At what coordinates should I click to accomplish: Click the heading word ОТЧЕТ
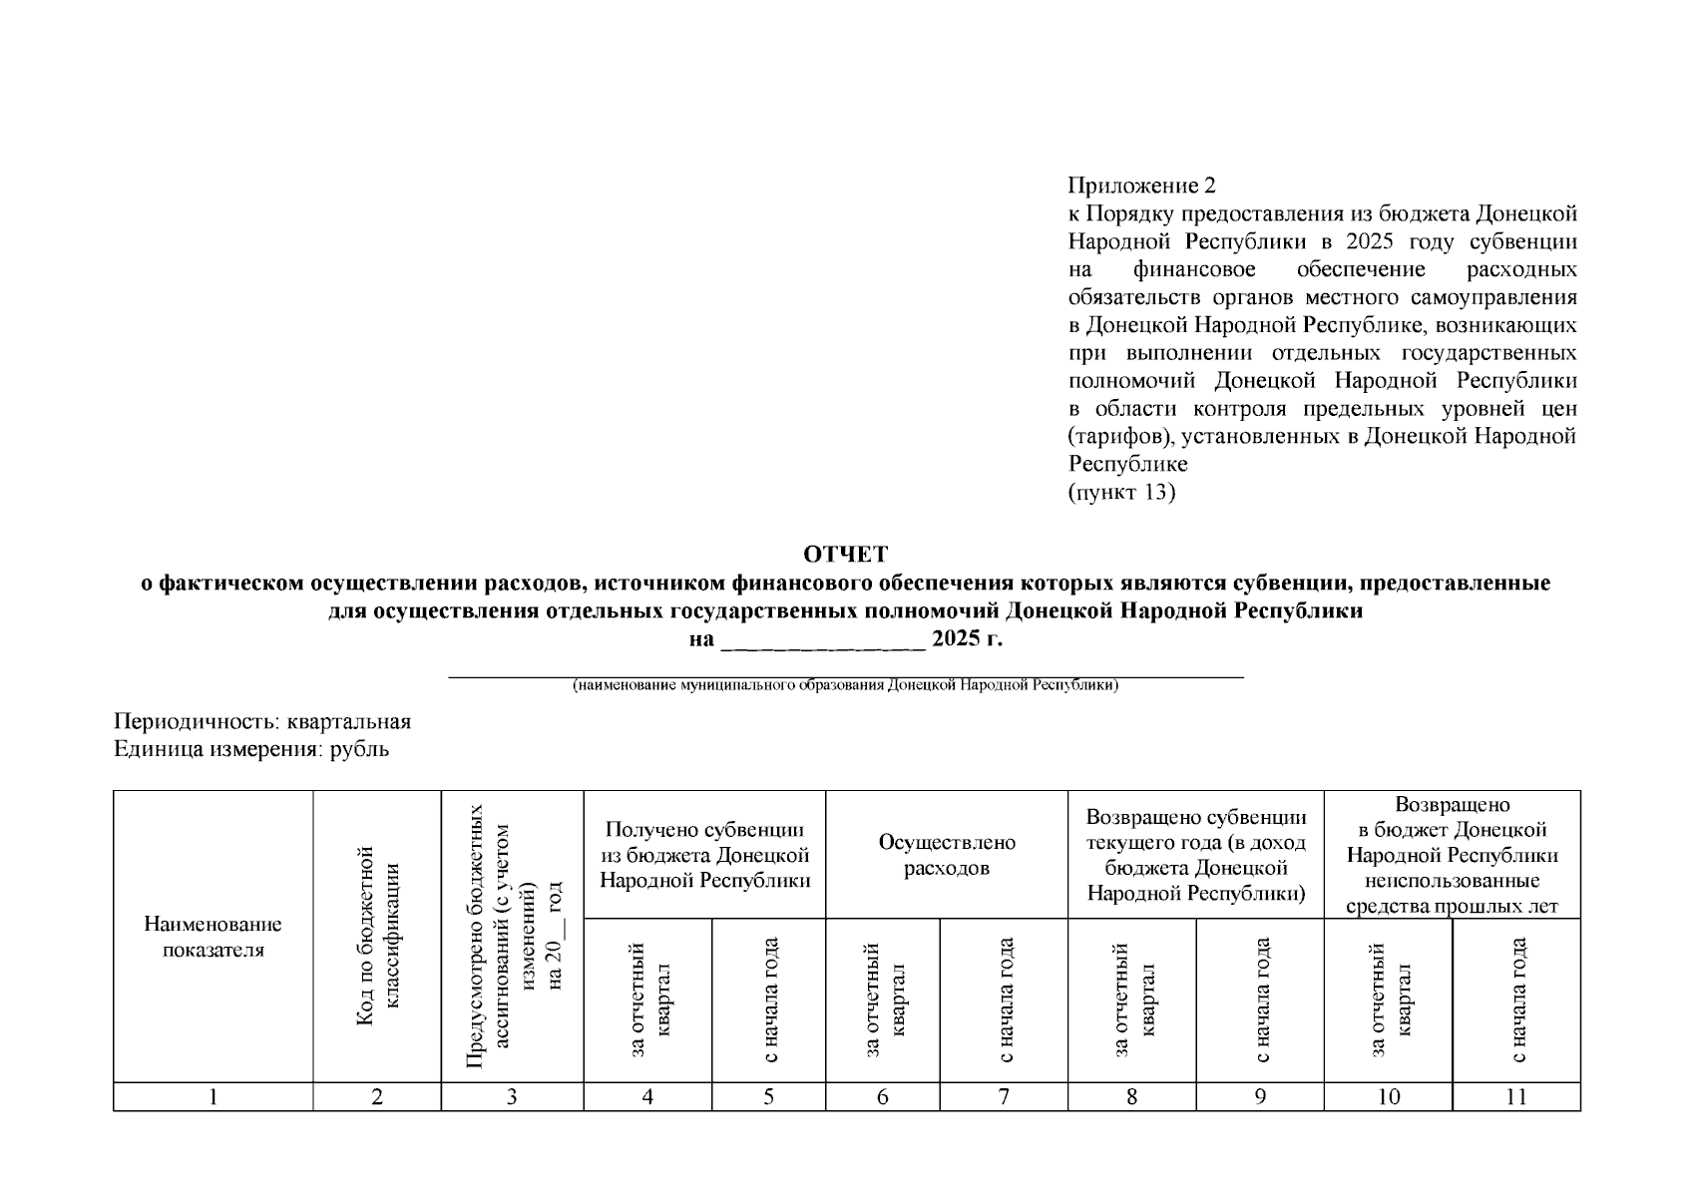tap(845, 554)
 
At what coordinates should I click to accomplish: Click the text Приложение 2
tap(1142, 186)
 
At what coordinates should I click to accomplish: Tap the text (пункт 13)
tap(1121, 493)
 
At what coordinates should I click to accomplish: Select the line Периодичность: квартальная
tap(262, 721)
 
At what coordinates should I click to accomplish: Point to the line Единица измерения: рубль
tap(251, 749)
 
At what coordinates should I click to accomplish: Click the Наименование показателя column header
tap(212, 937)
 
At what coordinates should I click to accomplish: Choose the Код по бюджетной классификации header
tap(377, 937)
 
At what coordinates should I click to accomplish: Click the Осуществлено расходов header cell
tap(947, 855)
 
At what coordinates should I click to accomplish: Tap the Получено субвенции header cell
tap(704, 855)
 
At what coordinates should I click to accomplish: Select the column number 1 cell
tap(212, 1097)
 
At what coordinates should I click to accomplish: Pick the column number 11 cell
tap(1516, 1097)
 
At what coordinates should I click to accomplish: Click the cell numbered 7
tap(1004, 1097)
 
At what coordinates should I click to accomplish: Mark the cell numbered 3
tap(512, 1097)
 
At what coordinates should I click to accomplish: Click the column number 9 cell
tap(1260, 1097)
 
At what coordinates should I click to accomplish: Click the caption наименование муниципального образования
tap(845, 686)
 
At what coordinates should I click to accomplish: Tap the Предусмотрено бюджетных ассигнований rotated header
tap(512, 937)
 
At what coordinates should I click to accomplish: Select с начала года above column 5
tap(769, 999)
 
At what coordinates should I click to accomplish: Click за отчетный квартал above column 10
tap(1388, 999)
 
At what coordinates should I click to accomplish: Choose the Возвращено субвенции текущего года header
tap(1196, 855)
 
